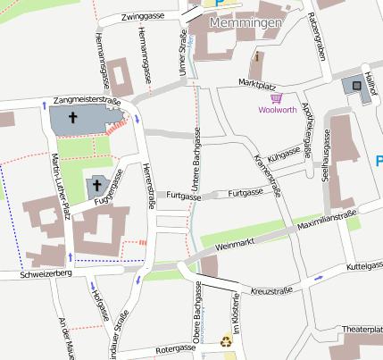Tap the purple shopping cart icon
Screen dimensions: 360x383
[277, 98]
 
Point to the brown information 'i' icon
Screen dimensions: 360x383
[258, 56]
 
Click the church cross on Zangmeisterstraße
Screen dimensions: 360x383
[71, 117]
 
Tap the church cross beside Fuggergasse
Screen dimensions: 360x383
[97, 186]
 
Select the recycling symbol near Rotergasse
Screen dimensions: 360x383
[225, 340]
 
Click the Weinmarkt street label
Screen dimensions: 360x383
[235, 242]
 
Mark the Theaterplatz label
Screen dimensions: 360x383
[362, 331]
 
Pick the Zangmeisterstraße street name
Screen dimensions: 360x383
[87, 100]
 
